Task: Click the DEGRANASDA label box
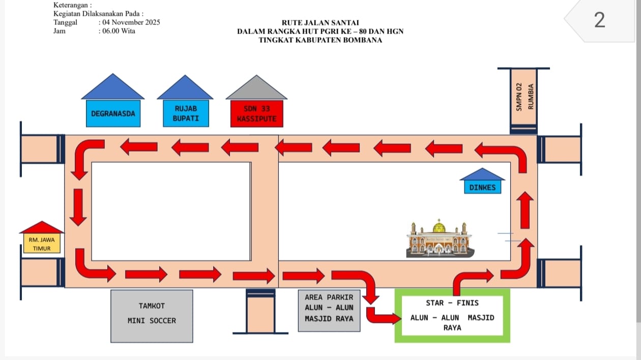pyautogui.click(x=113, y=114)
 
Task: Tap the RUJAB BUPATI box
pyautogui.click(x=185, y=113)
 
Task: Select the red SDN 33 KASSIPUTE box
pyautogui.click(x=256, y=113)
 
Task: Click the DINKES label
pyautogui.click(x=482, y=187)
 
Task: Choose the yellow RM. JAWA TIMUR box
pyautogui.click(x=42, y=244)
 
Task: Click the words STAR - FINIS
pyautogui.click(x=452, y=303)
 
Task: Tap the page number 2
pyautogui.click(x=600, y=20)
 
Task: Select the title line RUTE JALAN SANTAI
pyautogui.click(x=320, y=22)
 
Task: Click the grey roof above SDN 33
pyautogui.click(x=256, y=89)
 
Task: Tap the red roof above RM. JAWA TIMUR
pyautogui.click(x=42, y=228)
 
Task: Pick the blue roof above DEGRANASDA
pyautogui.click(x=113, y=88)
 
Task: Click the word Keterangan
pyautogui.click(x=69, y=5)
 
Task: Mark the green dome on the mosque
pyautogui.click(x=439, y=227)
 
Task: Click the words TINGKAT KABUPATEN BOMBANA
pyautogui.click(x=320, y=40)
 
